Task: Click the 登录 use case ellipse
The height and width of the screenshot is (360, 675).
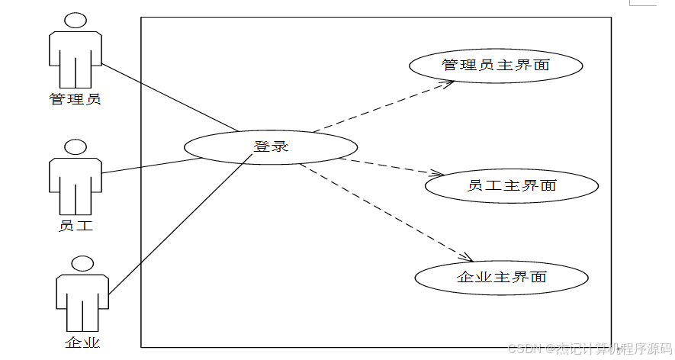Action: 270,146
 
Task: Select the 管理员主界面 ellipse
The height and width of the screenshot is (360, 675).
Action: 496,66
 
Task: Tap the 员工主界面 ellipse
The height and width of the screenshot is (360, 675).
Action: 511,185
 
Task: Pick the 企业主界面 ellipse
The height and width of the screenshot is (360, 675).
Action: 501,277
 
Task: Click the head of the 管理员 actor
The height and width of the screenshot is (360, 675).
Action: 75,21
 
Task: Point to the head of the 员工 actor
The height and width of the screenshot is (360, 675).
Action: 75,147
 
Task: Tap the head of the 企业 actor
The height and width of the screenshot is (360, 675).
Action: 82,265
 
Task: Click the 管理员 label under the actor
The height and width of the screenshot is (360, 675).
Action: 75,99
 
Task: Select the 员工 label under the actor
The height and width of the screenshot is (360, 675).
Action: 75,226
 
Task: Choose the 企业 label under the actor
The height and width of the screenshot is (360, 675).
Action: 82,342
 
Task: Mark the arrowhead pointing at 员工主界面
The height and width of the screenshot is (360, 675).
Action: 438,175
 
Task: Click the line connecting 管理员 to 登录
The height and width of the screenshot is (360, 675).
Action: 169,97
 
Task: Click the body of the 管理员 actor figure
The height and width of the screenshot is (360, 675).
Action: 75,57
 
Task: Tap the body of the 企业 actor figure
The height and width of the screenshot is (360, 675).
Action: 82,301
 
